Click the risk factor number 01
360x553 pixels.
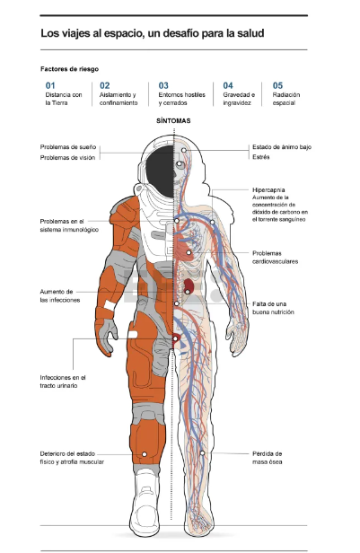click(50, 85)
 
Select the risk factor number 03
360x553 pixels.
click(163, 85)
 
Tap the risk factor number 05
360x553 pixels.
click(277, 85)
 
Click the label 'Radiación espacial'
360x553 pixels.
click(286, 99)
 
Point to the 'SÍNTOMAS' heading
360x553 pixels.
click(173, 120)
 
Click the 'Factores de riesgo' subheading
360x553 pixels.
click(69, 69)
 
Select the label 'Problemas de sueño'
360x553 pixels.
click(68, 147)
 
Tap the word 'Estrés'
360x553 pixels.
click(261, 157)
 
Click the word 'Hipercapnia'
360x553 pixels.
click(268, 190)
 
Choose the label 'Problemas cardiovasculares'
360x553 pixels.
click(275, 257)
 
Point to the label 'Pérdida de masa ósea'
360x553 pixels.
click(268, 458)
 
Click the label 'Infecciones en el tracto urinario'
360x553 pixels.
click(63, 382)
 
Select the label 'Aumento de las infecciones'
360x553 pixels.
click(60, 295)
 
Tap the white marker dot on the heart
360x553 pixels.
click(189, 252)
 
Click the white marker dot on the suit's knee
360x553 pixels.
click(145, 454)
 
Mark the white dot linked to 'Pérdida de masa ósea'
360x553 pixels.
click(202, 452)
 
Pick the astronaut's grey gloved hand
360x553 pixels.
click(106, 336)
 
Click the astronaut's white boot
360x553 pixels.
click(145, 501)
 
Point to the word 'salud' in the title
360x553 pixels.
click(251, 33)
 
